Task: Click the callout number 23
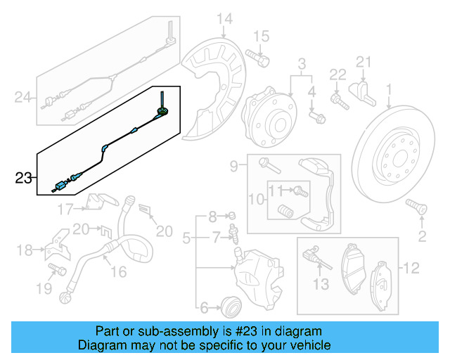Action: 24,179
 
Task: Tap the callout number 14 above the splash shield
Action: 224,18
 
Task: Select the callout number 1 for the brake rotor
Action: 389,90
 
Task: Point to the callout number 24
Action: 23,98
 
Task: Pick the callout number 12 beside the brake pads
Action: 411,267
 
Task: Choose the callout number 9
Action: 233,167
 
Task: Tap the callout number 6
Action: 204,307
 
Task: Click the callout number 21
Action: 363,63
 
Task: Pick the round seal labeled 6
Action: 230,306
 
